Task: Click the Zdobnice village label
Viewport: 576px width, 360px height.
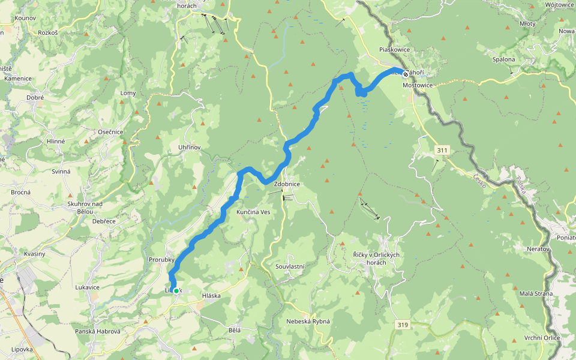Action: (286, 184)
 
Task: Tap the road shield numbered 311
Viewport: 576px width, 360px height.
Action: (443, 149)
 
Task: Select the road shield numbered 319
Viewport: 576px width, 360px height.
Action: (403, 325)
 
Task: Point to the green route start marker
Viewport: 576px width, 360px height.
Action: (176, 291)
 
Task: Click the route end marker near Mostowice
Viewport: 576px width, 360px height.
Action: (406, 74)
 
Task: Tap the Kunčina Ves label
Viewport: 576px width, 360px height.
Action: (254, 212)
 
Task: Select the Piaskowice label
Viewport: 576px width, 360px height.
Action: (394, 50)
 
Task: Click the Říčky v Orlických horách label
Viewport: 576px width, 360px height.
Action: (376, 259)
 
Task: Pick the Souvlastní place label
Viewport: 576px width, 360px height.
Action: (290, 266)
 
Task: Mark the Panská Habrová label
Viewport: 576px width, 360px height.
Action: (98, 331)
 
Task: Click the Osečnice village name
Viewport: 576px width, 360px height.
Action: (111, 132)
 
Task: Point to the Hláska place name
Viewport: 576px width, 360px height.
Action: (212, 296)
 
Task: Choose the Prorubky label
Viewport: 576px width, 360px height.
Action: (161, 260)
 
